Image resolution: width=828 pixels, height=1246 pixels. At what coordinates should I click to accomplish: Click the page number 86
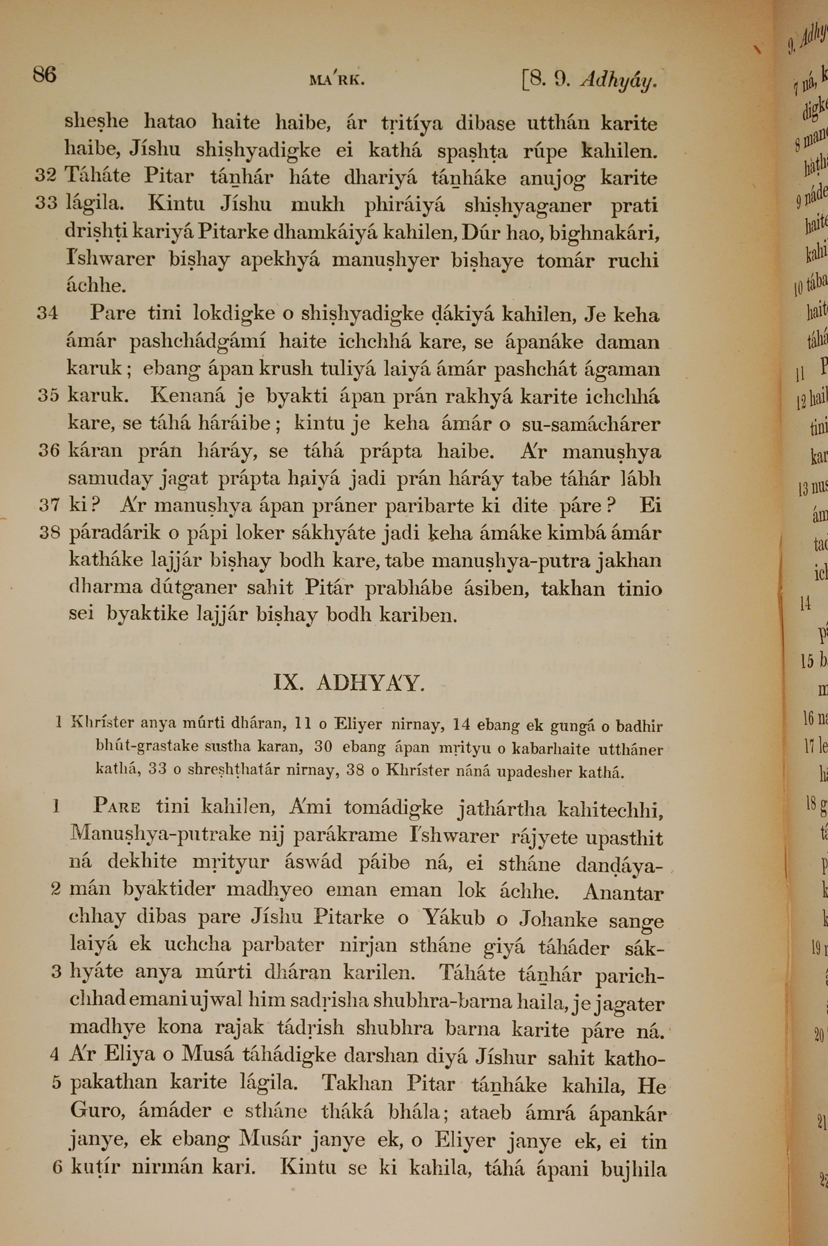[x=44, y=75]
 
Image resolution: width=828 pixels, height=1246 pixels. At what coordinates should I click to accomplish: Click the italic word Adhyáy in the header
[x=618, y=80]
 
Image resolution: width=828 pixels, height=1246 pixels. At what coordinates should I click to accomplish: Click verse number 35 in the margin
[x=48, y=396]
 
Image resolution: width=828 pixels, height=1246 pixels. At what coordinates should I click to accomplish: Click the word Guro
[x=96, y=1112]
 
